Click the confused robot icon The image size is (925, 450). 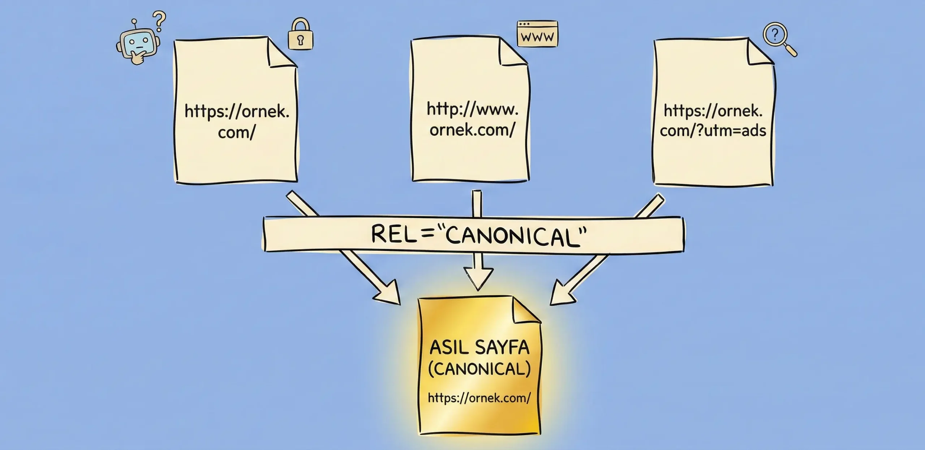[x=138, y=45]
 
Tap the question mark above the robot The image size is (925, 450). [x=159, y=21]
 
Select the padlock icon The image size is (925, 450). [x=300, y=35]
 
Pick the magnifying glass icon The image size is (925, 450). [x=778, y=38]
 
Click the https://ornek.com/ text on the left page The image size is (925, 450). [x=237, y=121]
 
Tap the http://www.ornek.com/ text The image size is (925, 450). [x=472, y=119]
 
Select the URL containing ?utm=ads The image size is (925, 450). [x=713, y=120]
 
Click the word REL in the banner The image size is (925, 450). [x=392, y=234]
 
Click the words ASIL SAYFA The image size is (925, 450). [x=479, y=348]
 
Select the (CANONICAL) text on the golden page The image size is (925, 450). [x=479, y=369]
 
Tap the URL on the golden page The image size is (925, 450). [x=479, y=398]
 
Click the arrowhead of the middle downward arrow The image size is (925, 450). [x=478, y=278]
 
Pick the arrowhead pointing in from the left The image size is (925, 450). [x=388, y=293]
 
